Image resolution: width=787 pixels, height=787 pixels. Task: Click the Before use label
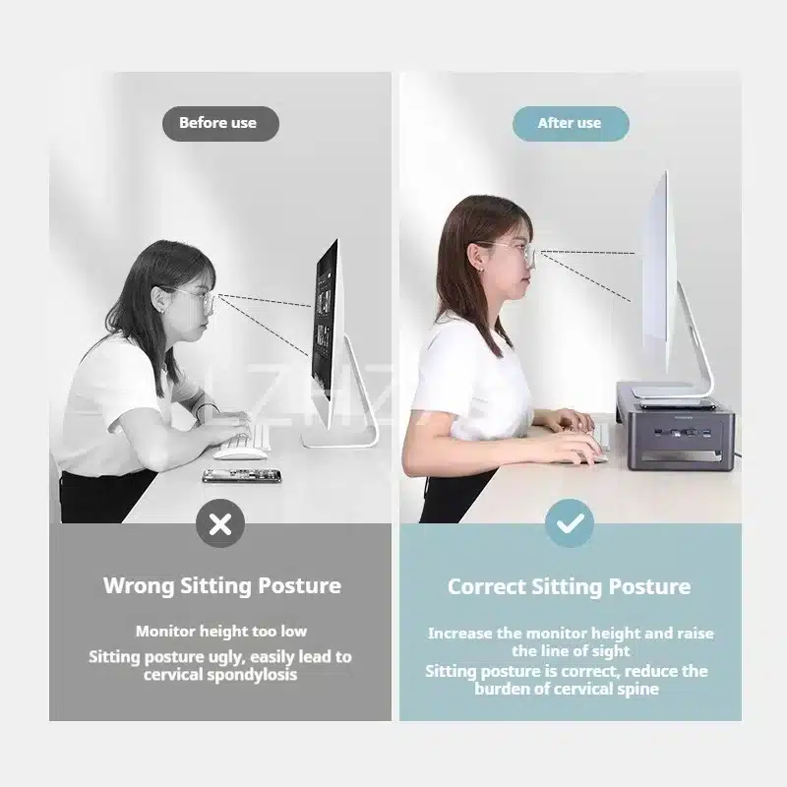click(220, 124)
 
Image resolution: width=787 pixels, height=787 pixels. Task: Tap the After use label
click(571, 124)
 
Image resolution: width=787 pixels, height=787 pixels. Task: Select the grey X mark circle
click(220, 524)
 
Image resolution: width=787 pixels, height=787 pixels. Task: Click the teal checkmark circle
click(570, 523)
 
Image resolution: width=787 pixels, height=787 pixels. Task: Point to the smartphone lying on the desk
click(242, 476)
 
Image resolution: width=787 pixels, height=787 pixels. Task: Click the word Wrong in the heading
click(139, 585)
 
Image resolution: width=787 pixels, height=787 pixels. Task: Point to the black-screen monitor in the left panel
click(325, 327)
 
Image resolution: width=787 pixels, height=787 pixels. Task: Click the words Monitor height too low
click(220, 632)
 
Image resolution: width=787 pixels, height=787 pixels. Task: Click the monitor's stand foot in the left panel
click(340, 441)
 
